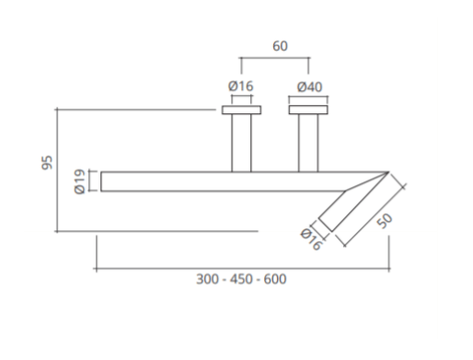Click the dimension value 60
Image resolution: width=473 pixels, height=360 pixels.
(280, 46)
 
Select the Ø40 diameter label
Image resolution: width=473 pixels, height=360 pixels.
(310, 87)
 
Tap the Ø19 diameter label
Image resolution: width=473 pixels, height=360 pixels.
(79, 181)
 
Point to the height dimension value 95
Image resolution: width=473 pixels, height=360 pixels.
(47, 163)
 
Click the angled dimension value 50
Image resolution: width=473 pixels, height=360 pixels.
(386, 221)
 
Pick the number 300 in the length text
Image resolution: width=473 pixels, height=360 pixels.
(207, 279)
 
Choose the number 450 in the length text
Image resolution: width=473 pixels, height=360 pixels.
(241, 279)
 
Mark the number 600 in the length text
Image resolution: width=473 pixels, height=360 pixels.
(275, 279)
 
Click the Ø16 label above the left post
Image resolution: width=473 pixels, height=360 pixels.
(241, 87)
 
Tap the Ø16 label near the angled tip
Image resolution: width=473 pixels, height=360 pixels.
(311, 239)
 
